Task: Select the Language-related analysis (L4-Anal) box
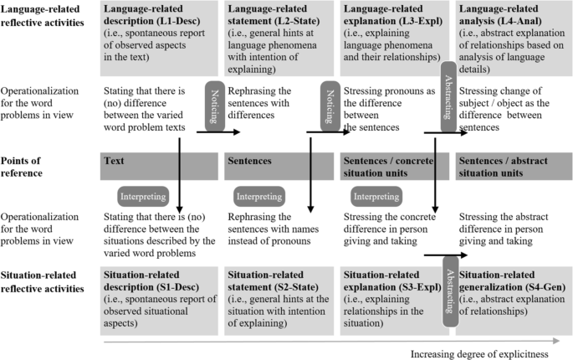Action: tap(512, 34)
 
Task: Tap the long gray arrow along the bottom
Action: tap(326, 342)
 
